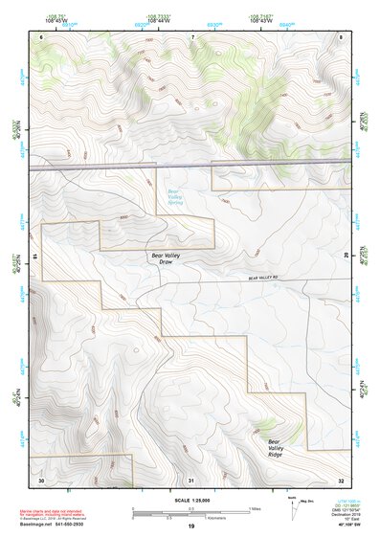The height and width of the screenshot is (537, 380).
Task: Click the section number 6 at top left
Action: [41, 36]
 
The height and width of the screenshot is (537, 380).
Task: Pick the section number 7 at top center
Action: [192, 36]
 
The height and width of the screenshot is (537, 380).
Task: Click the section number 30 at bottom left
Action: [41, 479]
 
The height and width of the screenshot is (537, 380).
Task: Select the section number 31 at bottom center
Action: [191, 479]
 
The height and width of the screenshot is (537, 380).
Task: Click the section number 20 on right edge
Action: [346, 256]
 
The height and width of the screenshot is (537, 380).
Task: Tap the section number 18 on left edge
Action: [36, 256]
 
